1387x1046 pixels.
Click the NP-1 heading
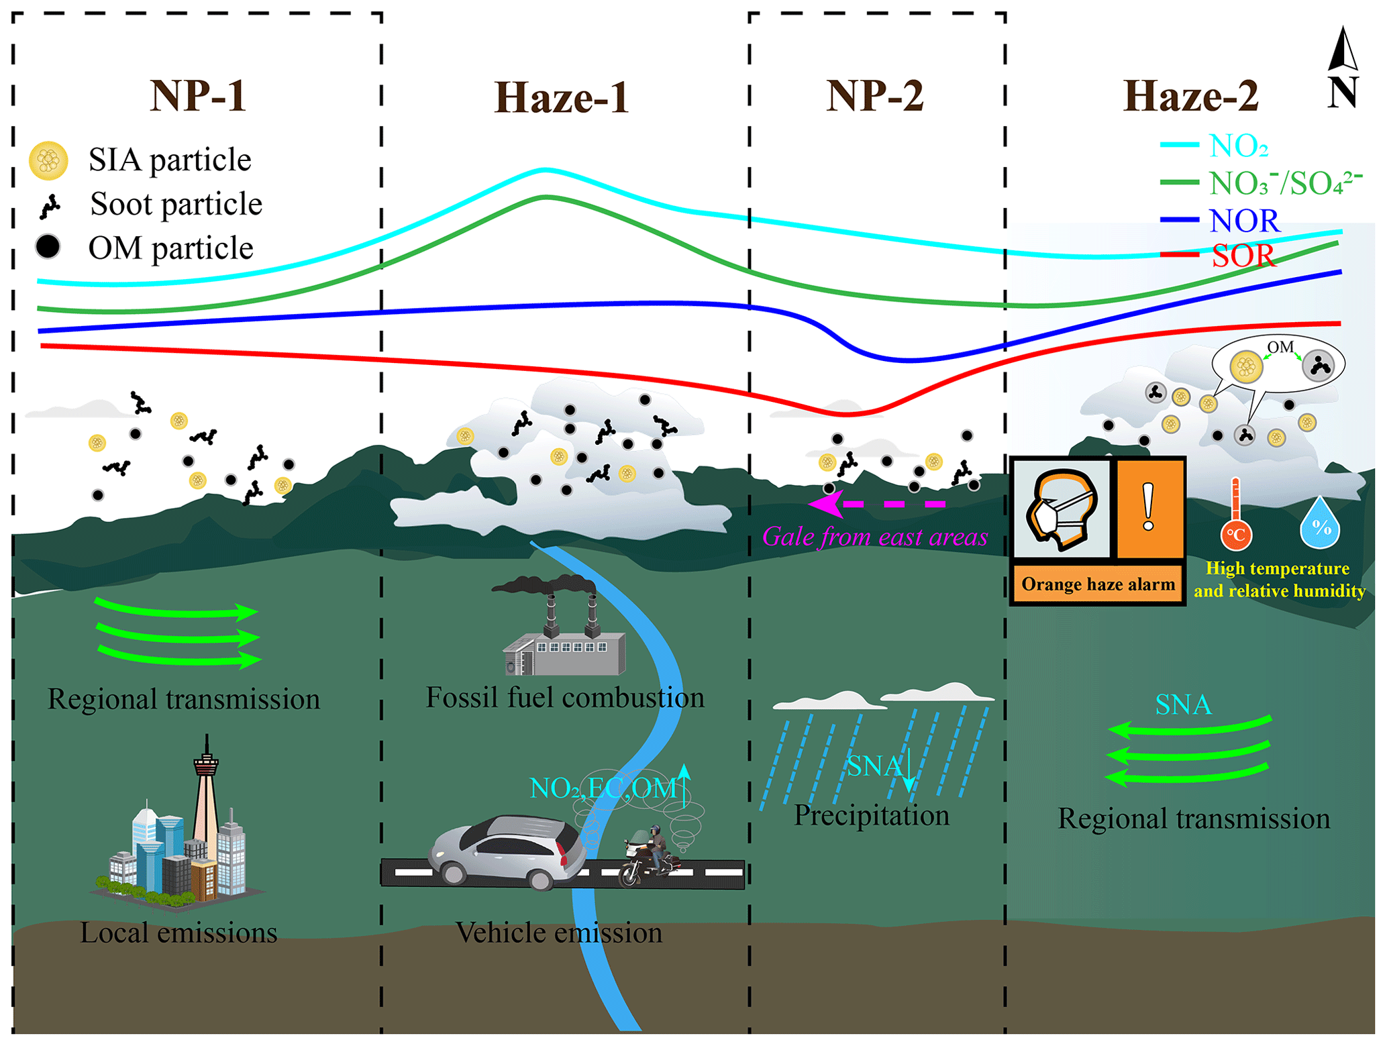pos(198,95)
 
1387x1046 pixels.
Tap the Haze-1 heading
pos(562,98)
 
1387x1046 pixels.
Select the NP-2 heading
pos(874,95)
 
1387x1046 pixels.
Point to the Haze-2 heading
pos(1190,96)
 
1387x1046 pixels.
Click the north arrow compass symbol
pos(1342,67)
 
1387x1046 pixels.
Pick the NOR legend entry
pos(1244,221)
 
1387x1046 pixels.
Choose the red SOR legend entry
pos(1243,256)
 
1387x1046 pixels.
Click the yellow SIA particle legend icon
pos(48,160)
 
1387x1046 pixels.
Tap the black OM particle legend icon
pos(48,246)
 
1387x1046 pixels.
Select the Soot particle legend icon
pos(50,206)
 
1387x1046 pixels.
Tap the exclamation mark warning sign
pos(1149,508)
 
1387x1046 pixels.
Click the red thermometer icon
pos(1235,515)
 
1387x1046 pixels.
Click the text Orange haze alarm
pos(1098,584)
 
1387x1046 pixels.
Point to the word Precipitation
pos(872,816)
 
